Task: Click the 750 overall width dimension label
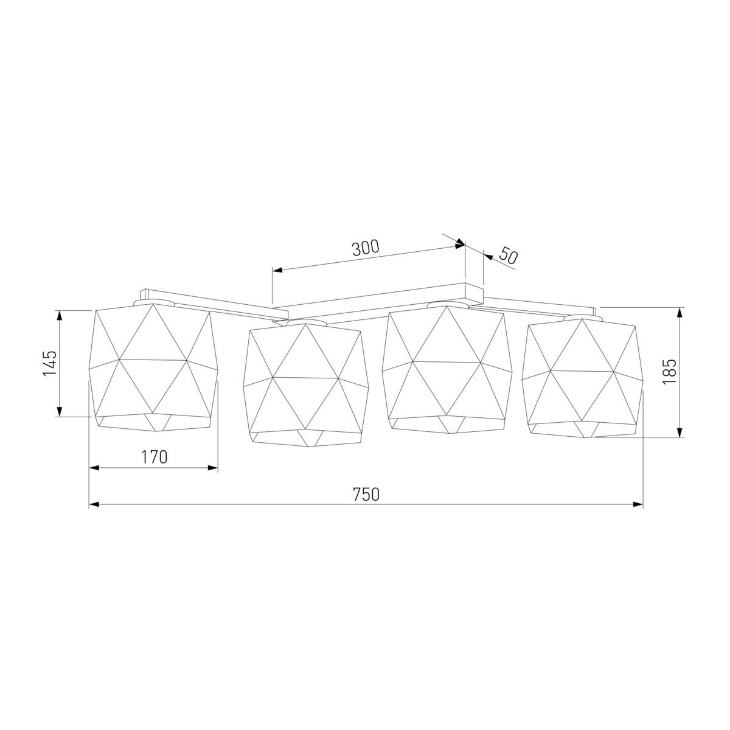[x=366, y=495]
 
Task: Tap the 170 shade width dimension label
[x=154, y=457]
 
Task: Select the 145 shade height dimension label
[x=50, y=363]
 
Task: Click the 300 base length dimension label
[x=366, y=248]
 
